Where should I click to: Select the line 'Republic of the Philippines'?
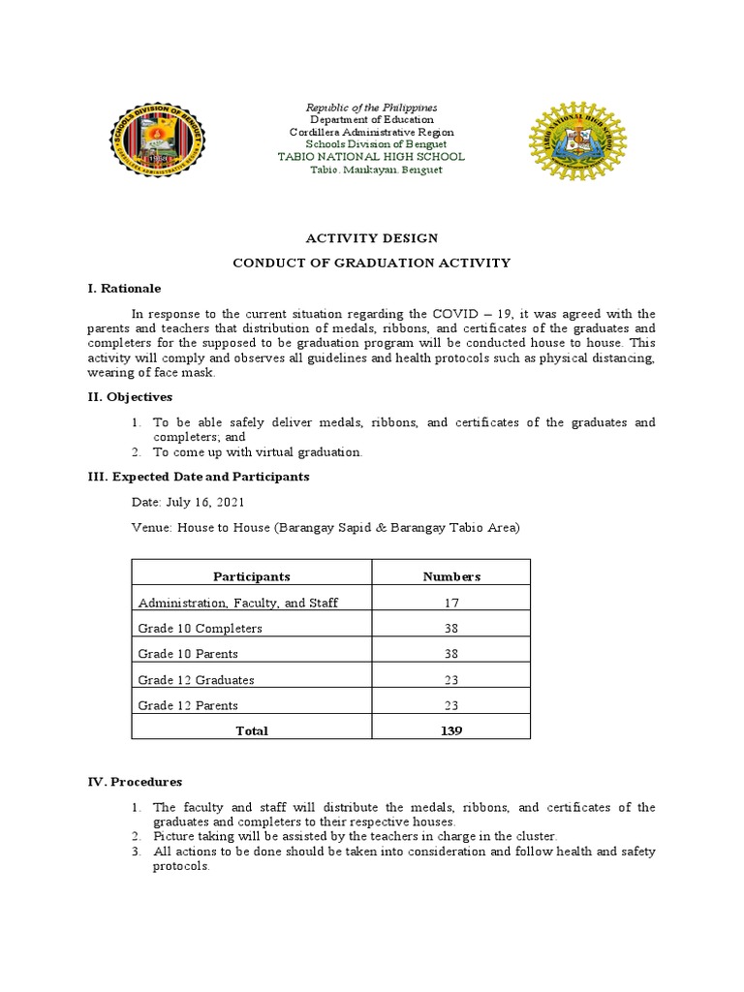(x=372, y=107)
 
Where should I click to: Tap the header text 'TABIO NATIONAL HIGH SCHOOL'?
(x=372, y=156)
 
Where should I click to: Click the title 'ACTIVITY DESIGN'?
(x=372, y=238)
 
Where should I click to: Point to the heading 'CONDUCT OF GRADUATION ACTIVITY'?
(x=372, y=263)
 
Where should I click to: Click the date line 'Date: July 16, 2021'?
(x=188, y=502)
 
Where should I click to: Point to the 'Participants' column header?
(x=252, y=576)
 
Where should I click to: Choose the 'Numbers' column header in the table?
(x=450, y=576)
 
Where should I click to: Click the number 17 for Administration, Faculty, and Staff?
(x=450, y=603)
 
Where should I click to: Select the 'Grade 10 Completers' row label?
(x=201, y=628)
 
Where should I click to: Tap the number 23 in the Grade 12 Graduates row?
(x=450, y=680)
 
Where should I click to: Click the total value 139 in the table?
(x=450, y=731)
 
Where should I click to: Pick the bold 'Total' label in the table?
(x=252, y=731)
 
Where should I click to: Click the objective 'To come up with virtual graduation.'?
(x=258, y=452)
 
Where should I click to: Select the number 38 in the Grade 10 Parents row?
(x=450, y=654)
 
